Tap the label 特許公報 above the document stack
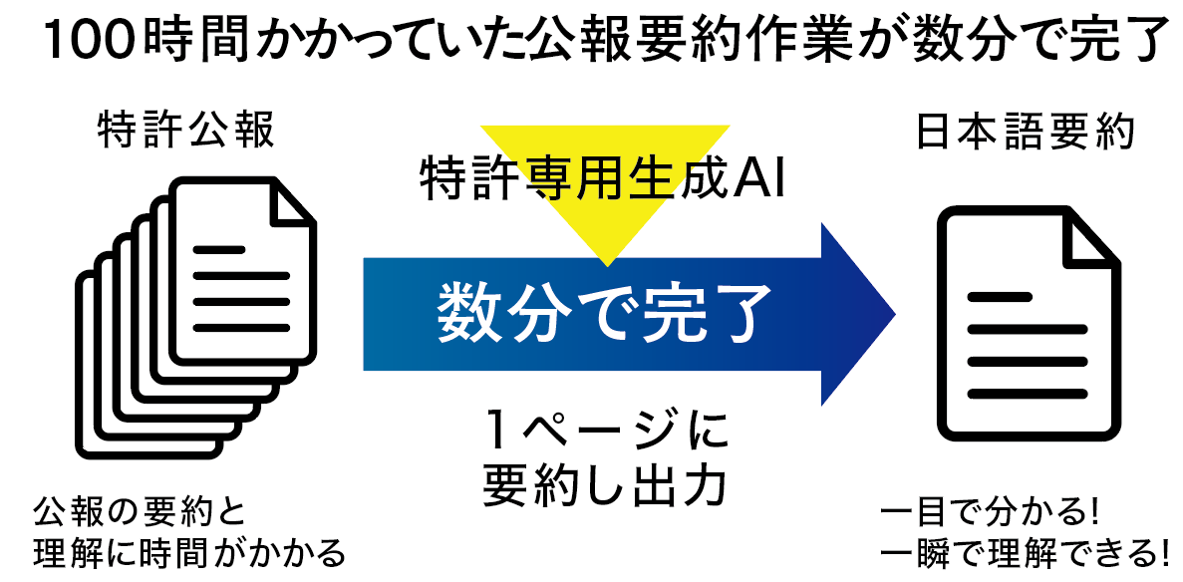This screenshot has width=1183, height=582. [x=185, y=131]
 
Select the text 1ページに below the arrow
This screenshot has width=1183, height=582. [x=604, y=435]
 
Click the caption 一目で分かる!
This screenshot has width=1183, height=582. [x=990, y=515]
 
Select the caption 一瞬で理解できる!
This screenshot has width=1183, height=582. [x=1026, y=551]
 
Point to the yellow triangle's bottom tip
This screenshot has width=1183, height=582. [x=605, y=263]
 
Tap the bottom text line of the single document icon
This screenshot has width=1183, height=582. [x=1026, y=392]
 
